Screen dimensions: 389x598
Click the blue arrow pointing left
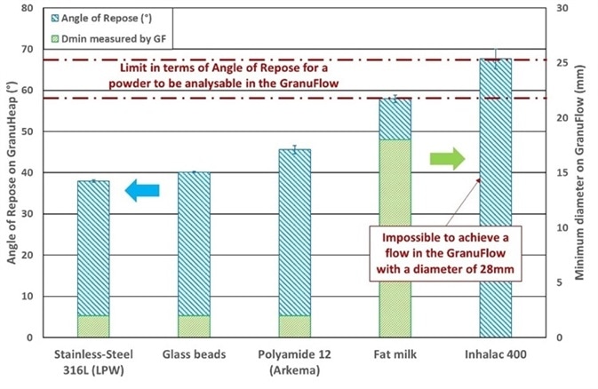coord(141,189)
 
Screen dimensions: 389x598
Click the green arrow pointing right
coord(447,160)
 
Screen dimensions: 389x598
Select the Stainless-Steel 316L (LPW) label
coord(92,363)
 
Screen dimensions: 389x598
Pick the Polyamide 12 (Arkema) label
coord(293,363)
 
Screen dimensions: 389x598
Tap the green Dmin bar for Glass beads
coord(193,326)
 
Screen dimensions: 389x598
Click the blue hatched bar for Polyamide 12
coord(293,231)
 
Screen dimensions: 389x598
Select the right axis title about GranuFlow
coord(583,172)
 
